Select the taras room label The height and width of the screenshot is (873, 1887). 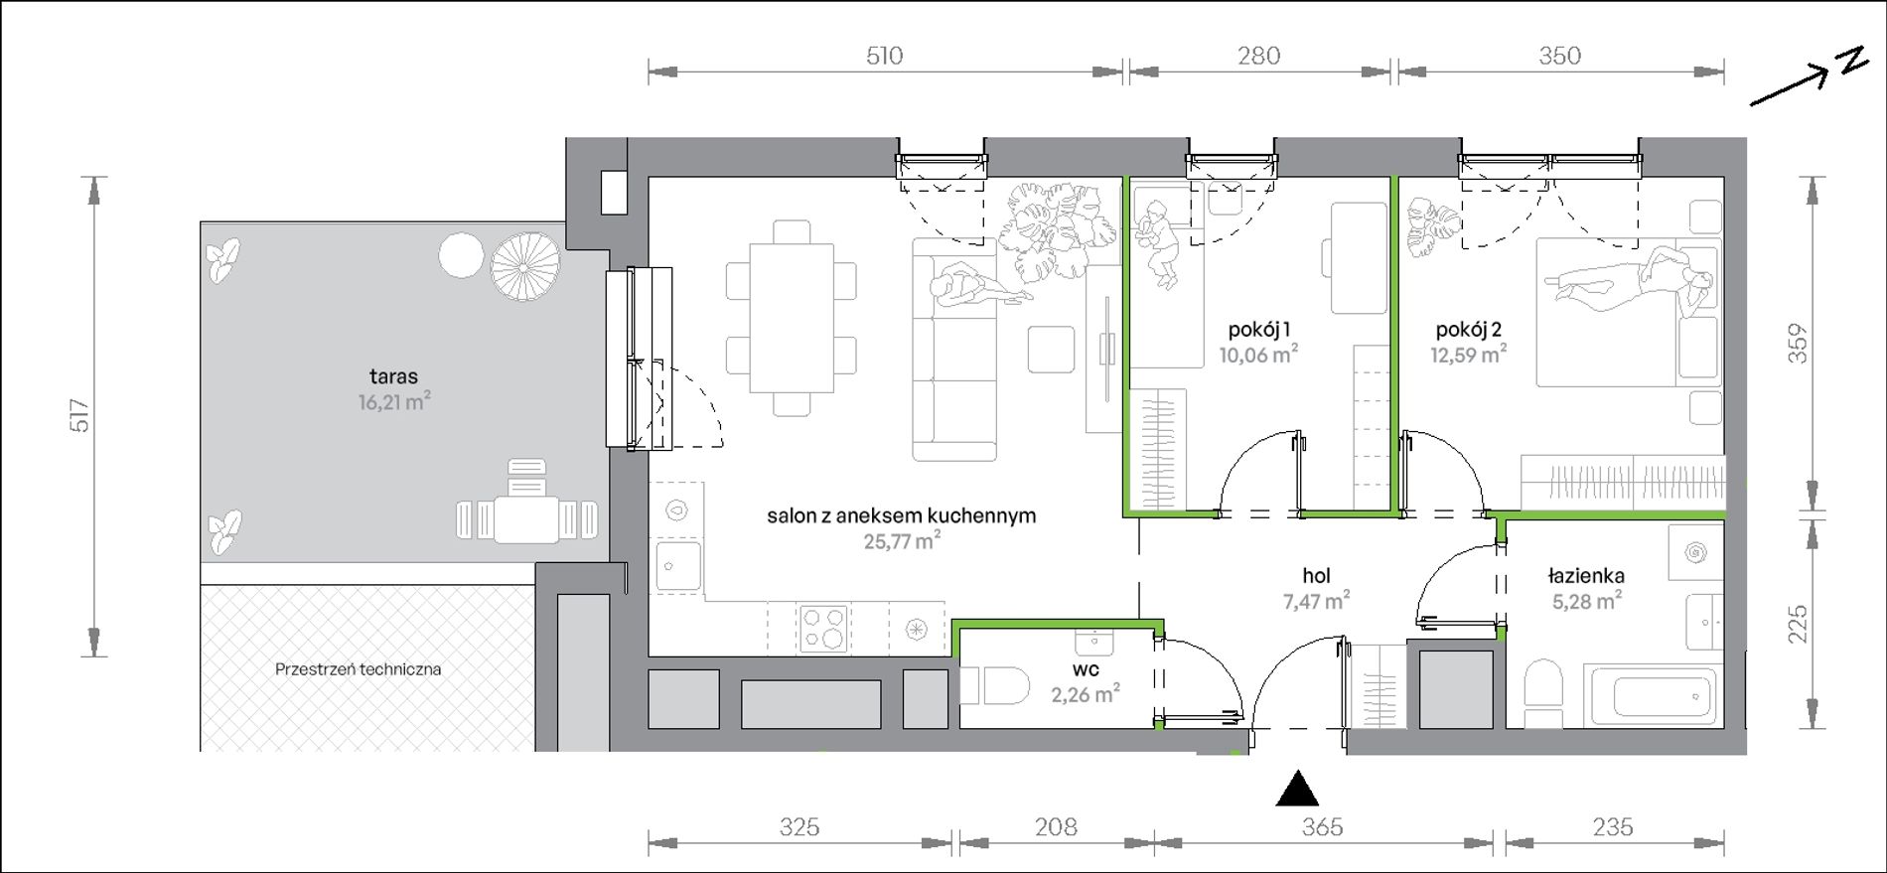pyautogui.click(x=393, y=376)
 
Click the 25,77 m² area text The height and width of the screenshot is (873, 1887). pyautogui.click(x=902, y=541)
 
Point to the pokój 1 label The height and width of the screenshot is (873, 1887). pyautogui.click(x=1259, y=329)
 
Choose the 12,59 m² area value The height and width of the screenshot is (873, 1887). pyautogui.click(x=1468, y=354)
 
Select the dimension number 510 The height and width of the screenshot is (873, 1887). pyautogui.click(x=884, y=56)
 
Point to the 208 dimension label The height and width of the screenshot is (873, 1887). pyautogui.click(x=1055, y=826)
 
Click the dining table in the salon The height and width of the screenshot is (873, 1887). pyautogui.click(x=791, y=318)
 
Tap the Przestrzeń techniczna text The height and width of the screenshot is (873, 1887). pyautogui.click(x=358, y=669)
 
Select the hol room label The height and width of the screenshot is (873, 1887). pyautogui.click(x=1316, y=575)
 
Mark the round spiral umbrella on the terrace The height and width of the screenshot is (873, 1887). pyautogui.click(x=525, y=266)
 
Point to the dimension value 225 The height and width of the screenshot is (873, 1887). pyautogui.click(x=1798, y=624)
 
